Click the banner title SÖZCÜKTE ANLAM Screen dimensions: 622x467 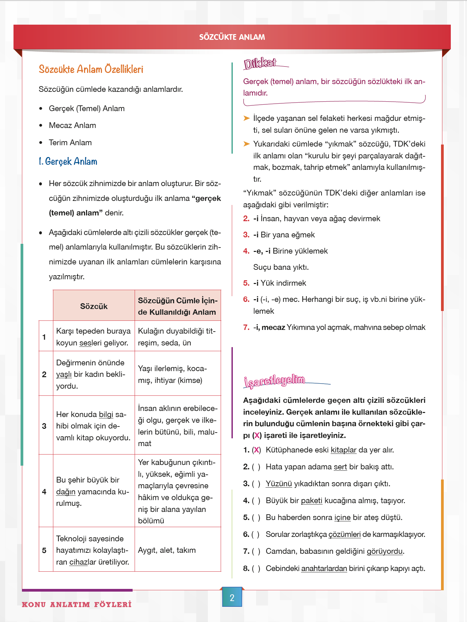tap(232, 37)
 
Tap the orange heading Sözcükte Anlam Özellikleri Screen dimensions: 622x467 tap(91, 69)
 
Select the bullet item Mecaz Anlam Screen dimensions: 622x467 tap(72, 126)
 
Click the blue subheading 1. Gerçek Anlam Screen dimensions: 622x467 tap(68, 161)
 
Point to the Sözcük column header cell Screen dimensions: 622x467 tap(94, 306)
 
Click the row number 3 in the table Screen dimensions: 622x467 tap(44, 426)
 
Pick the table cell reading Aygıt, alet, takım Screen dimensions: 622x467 tap(167, 550)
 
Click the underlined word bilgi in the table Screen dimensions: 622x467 tap(106, 415)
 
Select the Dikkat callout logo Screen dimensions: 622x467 tap(260, 63)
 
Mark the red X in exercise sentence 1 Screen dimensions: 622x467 tap(257, 450)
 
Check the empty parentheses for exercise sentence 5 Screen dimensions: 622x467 tap(256, 518)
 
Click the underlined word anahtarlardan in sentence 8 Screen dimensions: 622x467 tap(324, 569)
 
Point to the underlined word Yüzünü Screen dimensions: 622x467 tap(279, 484)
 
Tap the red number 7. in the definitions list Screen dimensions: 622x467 tap(246, 328)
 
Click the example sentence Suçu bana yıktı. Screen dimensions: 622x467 tap(281, 267)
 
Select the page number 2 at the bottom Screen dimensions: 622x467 tap(232, 598)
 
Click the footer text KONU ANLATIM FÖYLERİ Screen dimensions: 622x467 tap(77, 604)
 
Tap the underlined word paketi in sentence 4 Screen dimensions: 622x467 tap(311, 501)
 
